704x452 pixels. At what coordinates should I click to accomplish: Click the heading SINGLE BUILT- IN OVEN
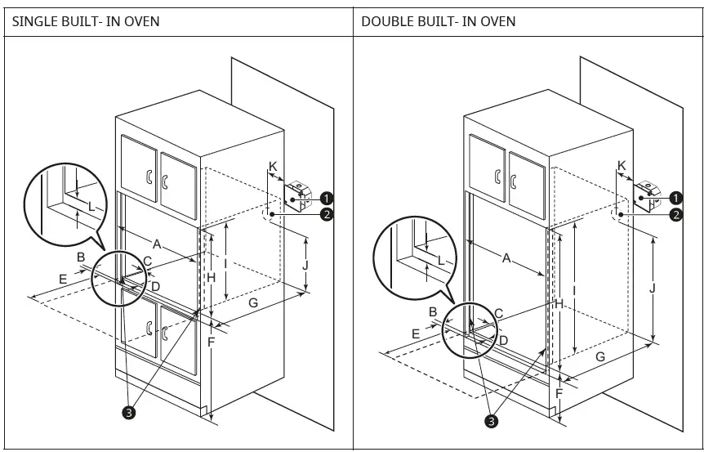tap(85, 20)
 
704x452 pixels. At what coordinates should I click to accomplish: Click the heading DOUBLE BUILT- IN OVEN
tap(439, 20)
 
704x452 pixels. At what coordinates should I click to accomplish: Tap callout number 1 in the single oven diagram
tap(326, 198)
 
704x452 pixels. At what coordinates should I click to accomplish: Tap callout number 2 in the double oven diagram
tap(675, 215)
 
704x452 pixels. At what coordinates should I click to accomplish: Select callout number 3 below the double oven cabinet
tap(490, 421)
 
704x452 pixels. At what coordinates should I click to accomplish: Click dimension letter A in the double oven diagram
tap(506, 258)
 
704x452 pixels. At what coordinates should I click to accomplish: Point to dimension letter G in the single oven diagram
tap(253, 303)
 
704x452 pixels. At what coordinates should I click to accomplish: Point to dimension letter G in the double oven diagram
tap(600, 356)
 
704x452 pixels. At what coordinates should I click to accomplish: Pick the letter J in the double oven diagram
tap(651, 288)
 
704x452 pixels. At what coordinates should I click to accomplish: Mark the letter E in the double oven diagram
tap(416, 333)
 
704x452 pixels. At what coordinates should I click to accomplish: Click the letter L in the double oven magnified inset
tap(441, 260)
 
